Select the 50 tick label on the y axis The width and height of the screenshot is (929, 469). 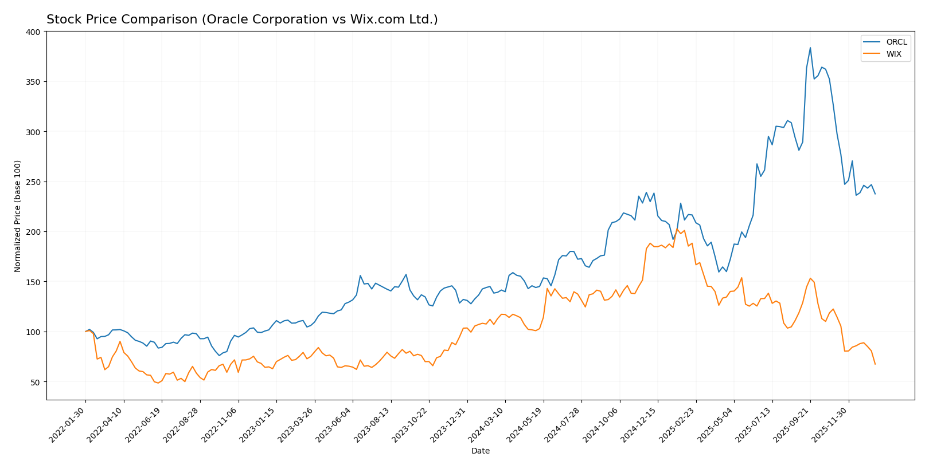[36, 382]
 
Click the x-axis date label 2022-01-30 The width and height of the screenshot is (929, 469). [68, 424]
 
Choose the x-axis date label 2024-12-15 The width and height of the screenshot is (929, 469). [639, 424]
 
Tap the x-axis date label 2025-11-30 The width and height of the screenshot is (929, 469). [830, 424]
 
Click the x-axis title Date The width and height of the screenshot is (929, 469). [480, 451]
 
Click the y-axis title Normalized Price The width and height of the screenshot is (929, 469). [18, 216]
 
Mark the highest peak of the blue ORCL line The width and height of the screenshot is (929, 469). [810, 48]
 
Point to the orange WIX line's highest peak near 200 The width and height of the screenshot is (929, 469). [677, 230]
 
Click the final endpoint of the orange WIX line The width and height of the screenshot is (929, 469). [875, 364]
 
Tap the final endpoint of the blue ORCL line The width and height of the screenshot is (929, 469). [875, 194]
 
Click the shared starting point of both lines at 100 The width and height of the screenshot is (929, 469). [85, 332]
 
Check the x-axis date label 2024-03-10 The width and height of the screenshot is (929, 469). [487, 424]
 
